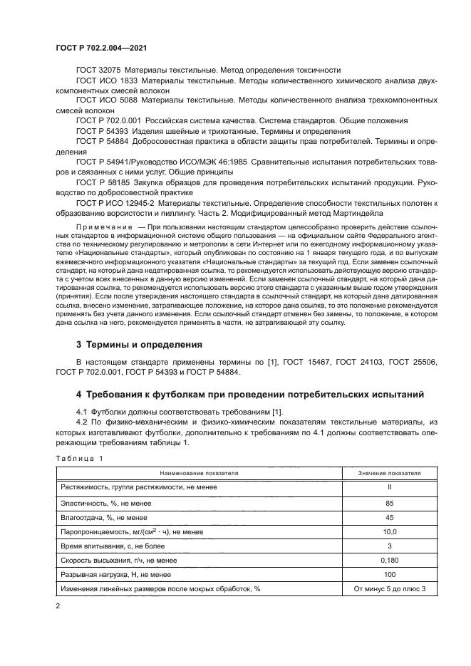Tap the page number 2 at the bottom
coord(58,605)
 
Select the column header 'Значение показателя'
coord(388,472)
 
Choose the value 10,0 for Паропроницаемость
coord(388,531)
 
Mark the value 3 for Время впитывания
coord(388,546)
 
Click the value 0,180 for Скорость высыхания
coord(388,561)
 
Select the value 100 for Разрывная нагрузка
coord(388,575)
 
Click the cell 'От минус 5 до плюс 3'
coord(388,589)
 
